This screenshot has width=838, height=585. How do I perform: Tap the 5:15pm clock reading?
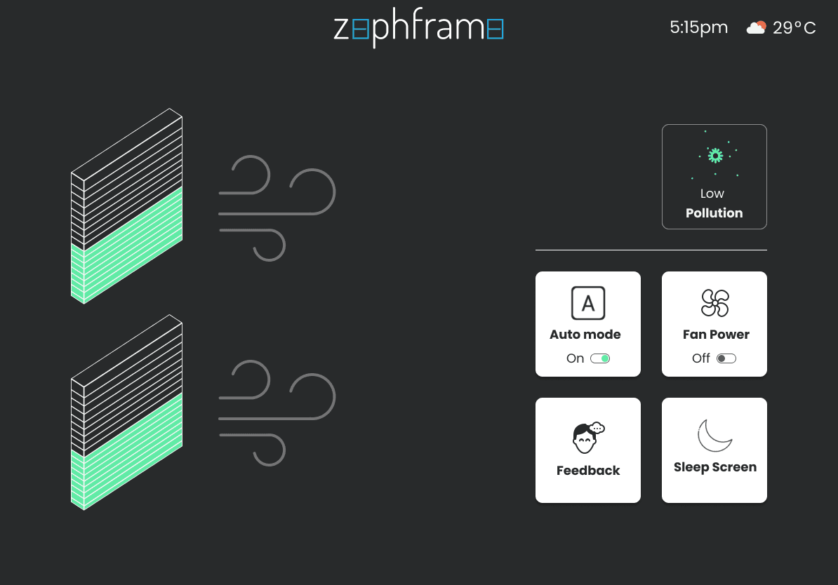coord(698,28)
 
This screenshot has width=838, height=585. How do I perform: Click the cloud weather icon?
coord(756,28)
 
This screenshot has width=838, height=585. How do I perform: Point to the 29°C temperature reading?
coord(794,28)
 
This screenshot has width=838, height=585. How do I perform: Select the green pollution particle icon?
coord(714,155)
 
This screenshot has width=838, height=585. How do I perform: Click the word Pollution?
coord(714,213)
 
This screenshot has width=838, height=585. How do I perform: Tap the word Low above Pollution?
coord(712,194)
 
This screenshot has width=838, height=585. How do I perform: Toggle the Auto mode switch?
coord(600,358)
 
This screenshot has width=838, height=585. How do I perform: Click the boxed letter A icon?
coord(588,303)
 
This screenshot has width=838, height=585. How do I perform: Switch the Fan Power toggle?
coord(726,358)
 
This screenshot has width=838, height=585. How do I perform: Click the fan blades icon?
coord(714,303)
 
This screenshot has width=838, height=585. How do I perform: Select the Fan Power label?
coord(716,335)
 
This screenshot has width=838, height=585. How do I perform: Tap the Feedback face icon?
coord(586,438)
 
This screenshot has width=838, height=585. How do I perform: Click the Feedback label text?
coord(588,471)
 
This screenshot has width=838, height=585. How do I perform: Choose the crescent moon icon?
coord(714,436)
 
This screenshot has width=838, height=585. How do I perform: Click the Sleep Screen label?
coord(714,467)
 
